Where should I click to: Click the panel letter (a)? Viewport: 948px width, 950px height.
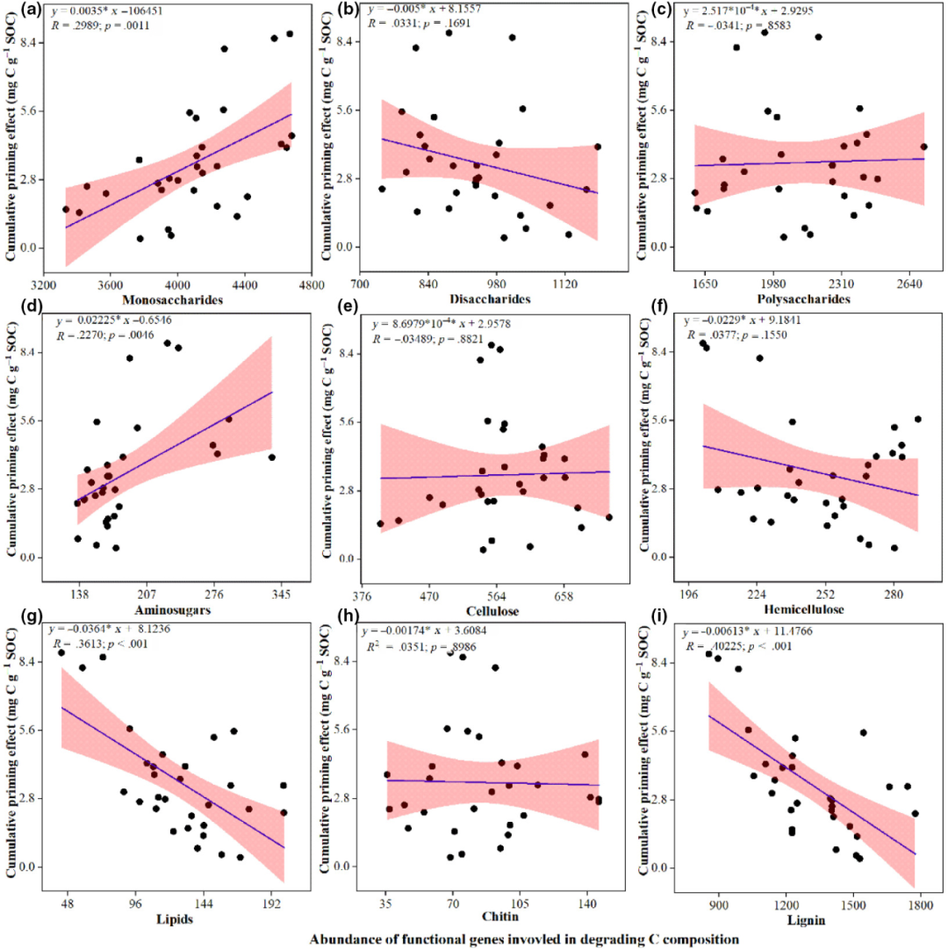pos(15,11)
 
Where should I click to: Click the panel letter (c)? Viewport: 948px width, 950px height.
pos(651,11)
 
